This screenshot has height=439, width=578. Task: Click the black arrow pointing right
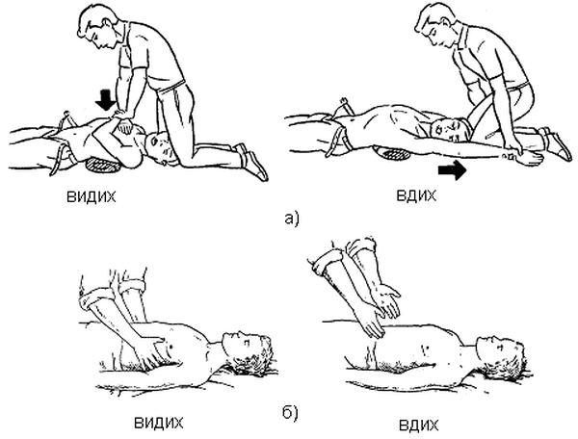point(453,170)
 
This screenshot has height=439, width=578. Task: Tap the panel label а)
point(292,219)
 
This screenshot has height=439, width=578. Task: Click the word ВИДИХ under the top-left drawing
point(92,197)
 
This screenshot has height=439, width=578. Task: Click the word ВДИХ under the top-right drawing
point(416,195)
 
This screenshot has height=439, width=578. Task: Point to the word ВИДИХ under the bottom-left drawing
point(159,423)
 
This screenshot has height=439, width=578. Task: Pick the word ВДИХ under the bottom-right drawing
point(419,426)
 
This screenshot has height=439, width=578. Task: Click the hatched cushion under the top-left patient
point(104,165)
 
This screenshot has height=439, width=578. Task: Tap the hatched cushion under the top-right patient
point(391,152)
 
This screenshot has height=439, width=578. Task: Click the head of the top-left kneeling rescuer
point(97,27)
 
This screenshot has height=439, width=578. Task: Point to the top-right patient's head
point(450,130)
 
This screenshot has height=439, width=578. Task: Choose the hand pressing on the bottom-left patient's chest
point(147,347)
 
